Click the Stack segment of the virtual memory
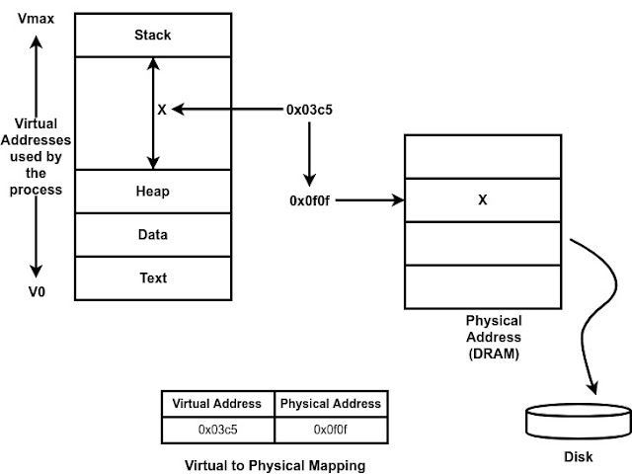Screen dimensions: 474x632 click(152, 36)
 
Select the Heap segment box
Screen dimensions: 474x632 click(152, 192)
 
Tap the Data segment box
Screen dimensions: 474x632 click(152, 235)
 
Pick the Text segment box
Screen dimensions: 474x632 click(152, 278)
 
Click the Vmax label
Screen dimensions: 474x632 click(37, 17)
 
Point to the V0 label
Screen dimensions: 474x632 click(37, 293)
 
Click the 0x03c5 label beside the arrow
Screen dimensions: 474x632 click(309, 111)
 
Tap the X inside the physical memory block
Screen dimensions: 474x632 click(482, 200)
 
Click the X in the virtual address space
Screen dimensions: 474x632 click(162, 111)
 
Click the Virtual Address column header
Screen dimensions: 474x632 click(217, 404)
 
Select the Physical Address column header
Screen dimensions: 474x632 click(329, 404)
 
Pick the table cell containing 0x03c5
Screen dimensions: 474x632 click(217, 429)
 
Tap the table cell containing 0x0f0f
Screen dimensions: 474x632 click(329, 429)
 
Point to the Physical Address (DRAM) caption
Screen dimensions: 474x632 click(493, 336)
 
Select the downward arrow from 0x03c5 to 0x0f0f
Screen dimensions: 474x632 click(309, 155)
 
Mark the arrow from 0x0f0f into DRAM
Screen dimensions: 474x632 click(375, 200)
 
